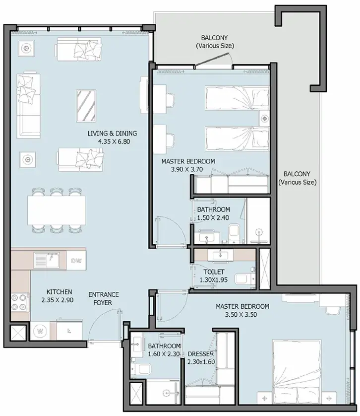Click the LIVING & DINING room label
tap(112, 133)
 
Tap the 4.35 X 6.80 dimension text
tap(114, 141)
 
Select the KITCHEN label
tap(59, 292)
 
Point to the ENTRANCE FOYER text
tap(103, 298)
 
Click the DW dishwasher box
tap(76, 261)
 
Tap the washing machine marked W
tap(40, 331)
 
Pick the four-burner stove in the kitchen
tap(20, 302)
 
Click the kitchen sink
tap(47, 260)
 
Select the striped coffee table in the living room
tap(86, 106)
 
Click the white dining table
tap(57, 210)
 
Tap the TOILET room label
tap(214, 272)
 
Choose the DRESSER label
tap(201, 353)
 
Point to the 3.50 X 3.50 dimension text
tap(240, 315)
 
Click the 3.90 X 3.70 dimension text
tap(187, 169)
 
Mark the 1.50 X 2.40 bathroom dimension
tap(213, 217)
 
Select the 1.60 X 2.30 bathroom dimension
tap(164, 354)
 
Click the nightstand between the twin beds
tap(264, 119)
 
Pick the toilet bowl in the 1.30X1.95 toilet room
tap(244, 279)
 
